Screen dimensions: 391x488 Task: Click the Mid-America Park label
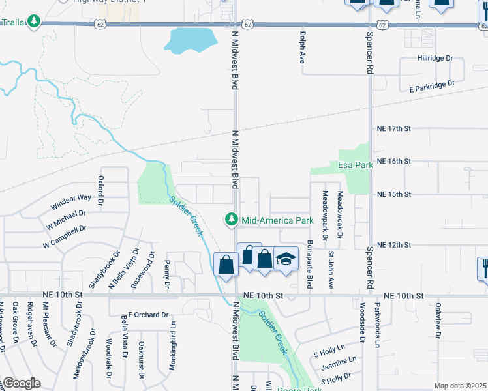(x=278, y=221)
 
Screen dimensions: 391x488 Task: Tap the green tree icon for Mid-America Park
(x=231, y=220)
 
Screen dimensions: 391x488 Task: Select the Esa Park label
(x=356, y=165)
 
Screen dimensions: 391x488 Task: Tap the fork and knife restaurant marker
(x=484, y=267)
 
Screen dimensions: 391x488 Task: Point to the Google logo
(x=21, y=383)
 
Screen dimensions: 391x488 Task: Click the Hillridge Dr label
(x=435, y=58)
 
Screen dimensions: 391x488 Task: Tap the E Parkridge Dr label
(x=431, y=85)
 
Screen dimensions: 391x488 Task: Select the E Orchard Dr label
(x=148, y=315)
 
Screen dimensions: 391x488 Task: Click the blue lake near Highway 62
(x=190, y=41)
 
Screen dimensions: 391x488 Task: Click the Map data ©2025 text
(x=460, y=386)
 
